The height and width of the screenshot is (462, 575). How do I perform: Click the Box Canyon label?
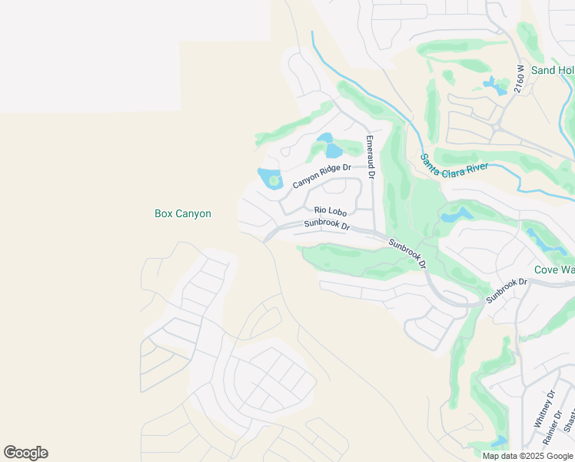coord(183,214)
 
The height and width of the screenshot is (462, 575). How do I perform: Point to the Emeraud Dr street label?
coord(371,157)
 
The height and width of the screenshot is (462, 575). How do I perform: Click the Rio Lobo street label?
coord(331,210)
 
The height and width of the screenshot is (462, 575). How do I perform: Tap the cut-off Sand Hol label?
coord(553,71)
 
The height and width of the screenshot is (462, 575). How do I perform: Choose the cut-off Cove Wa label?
coord(554,270)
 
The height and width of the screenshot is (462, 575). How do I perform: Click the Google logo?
coord(25,453)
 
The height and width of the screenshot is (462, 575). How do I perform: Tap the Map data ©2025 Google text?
coord(527,456)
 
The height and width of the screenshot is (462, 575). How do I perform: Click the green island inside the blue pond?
coord(274,180)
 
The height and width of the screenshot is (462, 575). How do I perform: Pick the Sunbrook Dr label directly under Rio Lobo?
coord(326,226)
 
